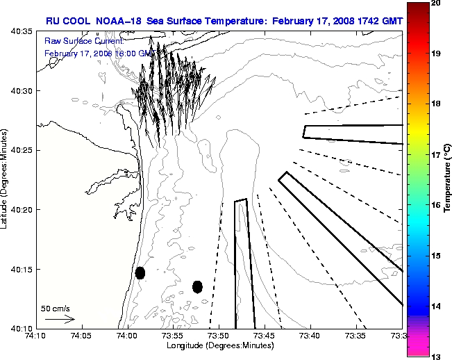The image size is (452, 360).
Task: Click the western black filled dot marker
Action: click(140, 272)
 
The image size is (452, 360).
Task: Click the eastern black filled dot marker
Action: click(197, 286)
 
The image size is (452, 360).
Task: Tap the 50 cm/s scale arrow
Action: click(60, 319)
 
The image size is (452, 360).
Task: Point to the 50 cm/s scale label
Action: click(56, 308)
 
